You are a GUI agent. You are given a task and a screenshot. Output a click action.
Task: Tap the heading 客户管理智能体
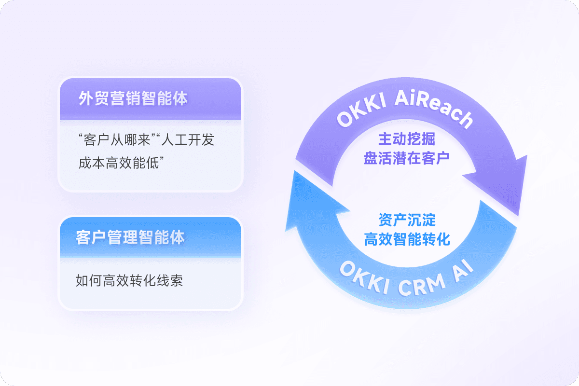(130, 237)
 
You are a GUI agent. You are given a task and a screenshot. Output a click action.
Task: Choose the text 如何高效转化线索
(129, 281)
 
